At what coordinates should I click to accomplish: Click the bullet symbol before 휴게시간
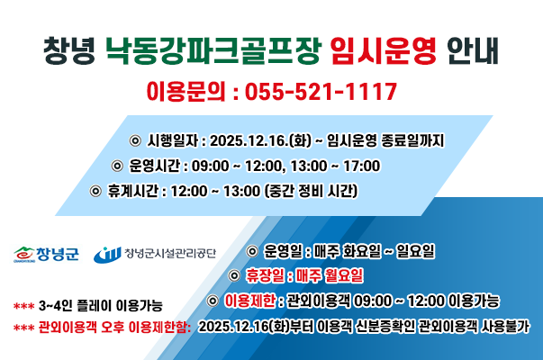(x=96, y=192)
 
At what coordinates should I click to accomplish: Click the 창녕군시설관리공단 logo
(x=158, y=254)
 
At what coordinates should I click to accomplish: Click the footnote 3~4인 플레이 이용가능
(x=100, y=307)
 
